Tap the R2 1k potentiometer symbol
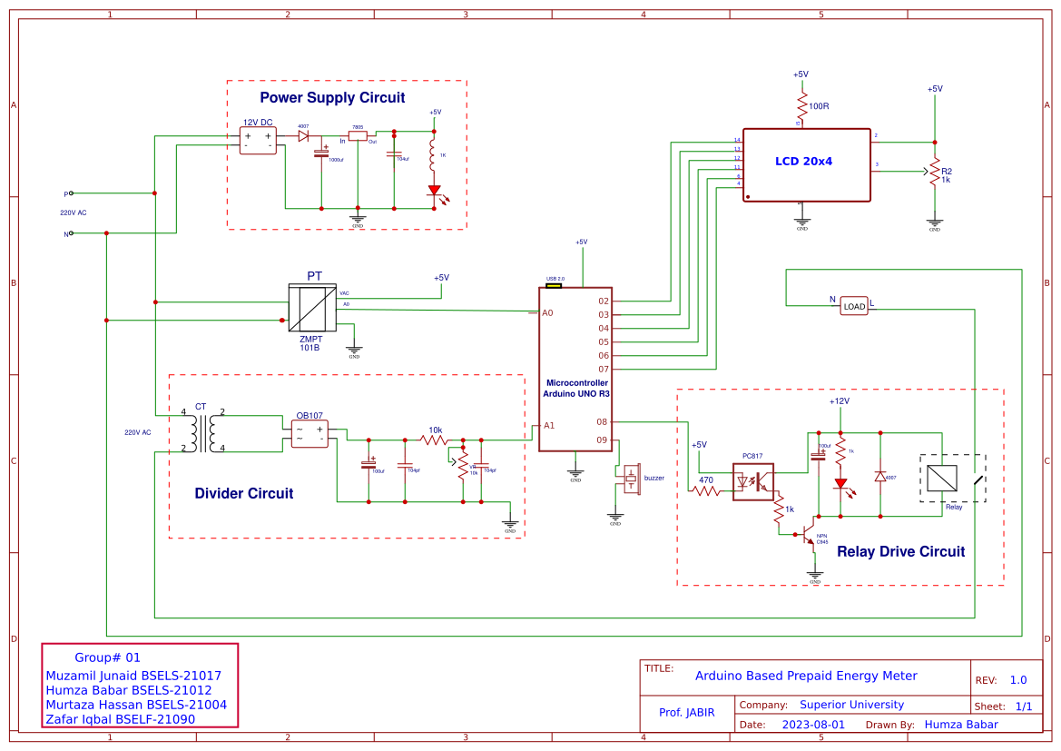[934, 171]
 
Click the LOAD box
[854, 306]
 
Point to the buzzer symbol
[631, 479]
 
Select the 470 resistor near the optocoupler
[706, 491]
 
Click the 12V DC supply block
[258, 140]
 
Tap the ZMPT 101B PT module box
[312, 309]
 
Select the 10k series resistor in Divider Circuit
[435, 440]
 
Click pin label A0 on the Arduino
[547, 312]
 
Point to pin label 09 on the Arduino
[602, 440]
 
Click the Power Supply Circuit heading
[332, 97]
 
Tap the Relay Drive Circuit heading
[900, 551]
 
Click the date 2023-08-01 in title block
[813, 725]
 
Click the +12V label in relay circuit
[839, 400]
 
